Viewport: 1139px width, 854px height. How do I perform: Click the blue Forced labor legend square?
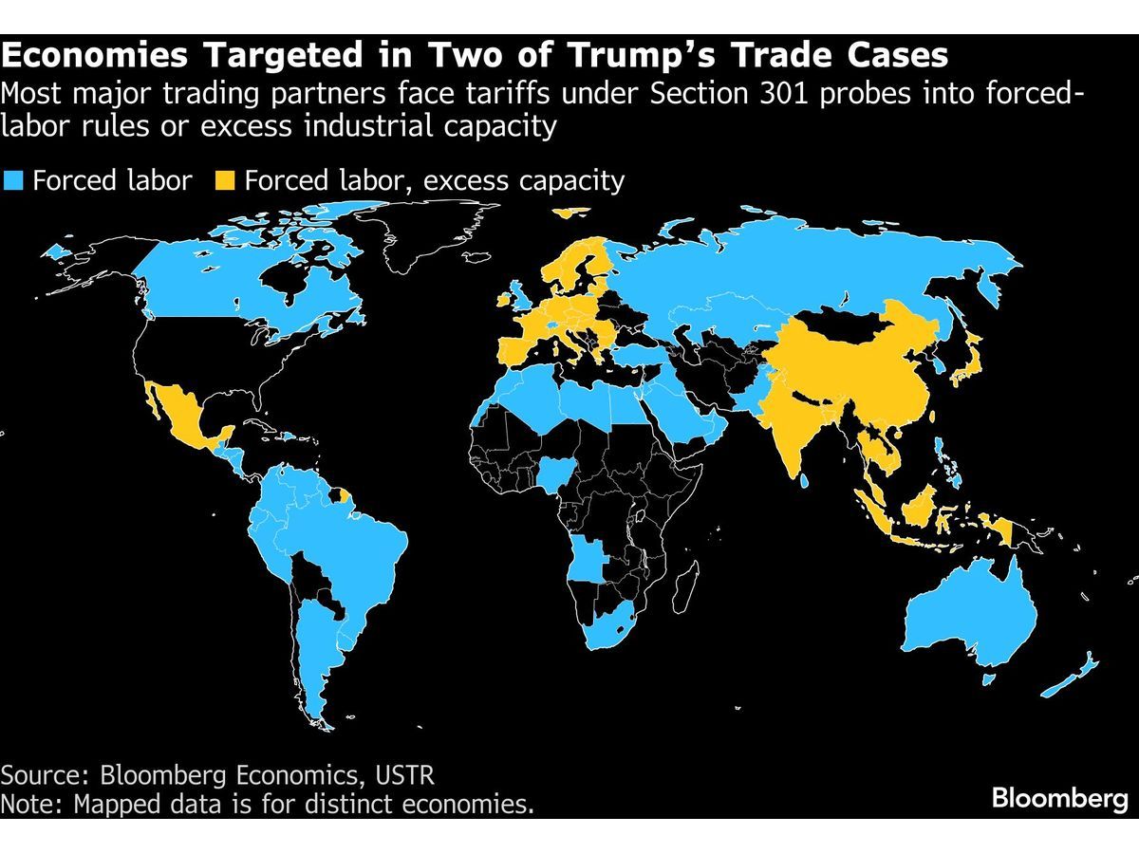coord(13,180)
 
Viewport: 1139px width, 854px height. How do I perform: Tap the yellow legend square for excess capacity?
coord(225,180)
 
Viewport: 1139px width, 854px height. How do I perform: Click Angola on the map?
coord(587,559)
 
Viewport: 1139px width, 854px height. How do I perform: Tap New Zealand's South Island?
coord(1059,687)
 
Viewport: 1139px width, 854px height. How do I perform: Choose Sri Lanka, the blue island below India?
coord(805,481)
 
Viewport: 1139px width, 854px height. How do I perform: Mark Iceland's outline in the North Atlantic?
coord(478,256)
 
